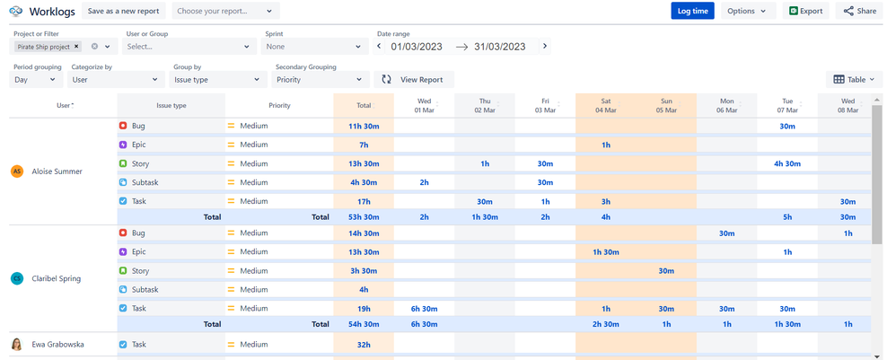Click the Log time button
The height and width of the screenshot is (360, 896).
(x=692, y=11)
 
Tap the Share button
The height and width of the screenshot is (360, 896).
(x=859, y=11)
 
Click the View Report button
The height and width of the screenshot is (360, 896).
(x=413, y=79)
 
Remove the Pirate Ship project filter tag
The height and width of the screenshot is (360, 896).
(x=76, y=47)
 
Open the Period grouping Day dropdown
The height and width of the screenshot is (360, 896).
(x=34, y=80)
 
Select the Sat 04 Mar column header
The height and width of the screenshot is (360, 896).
(x=605, y=105)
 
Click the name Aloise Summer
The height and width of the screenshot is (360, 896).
(x=57, y=171)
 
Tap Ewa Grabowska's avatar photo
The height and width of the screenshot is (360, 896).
(x=16, y=344)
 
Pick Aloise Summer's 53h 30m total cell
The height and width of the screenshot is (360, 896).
(x=363, y=216)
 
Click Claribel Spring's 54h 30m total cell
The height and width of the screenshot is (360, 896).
(x=363, y=324)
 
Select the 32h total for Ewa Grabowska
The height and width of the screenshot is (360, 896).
(x=363, y=344)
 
